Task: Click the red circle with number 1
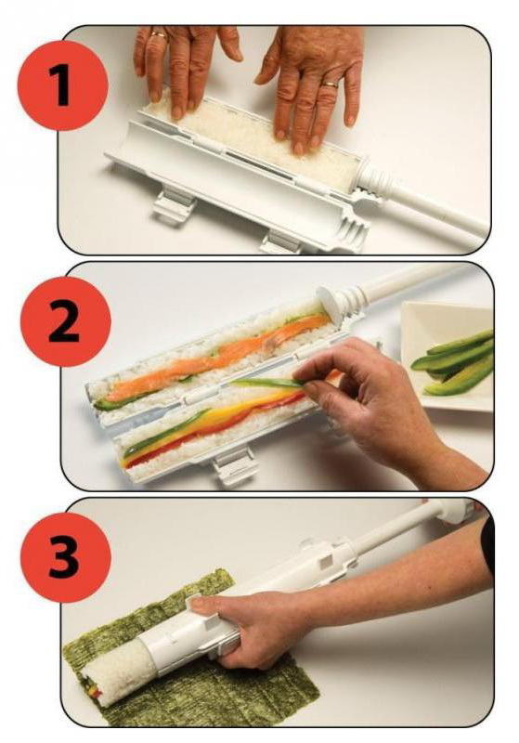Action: tap(62, 85)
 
